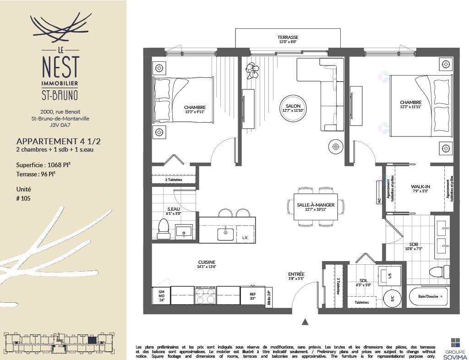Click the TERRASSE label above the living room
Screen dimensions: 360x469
pos(288,37)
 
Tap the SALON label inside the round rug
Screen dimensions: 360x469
pos(290,106)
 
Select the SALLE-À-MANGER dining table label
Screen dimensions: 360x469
pos(316,205)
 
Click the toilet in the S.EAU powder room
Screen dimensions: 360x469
pos(164,228)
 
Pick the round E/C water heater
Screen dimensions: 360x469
pos(391,298)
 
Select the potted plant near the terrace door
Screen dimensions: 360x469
pos(251,69)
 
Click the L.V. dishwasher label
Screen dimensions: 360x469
pos(245,238)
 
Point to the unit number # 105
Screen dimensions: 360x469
pos(26,198)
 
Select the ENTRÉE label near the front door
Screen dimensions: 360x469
pos(296,274)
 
